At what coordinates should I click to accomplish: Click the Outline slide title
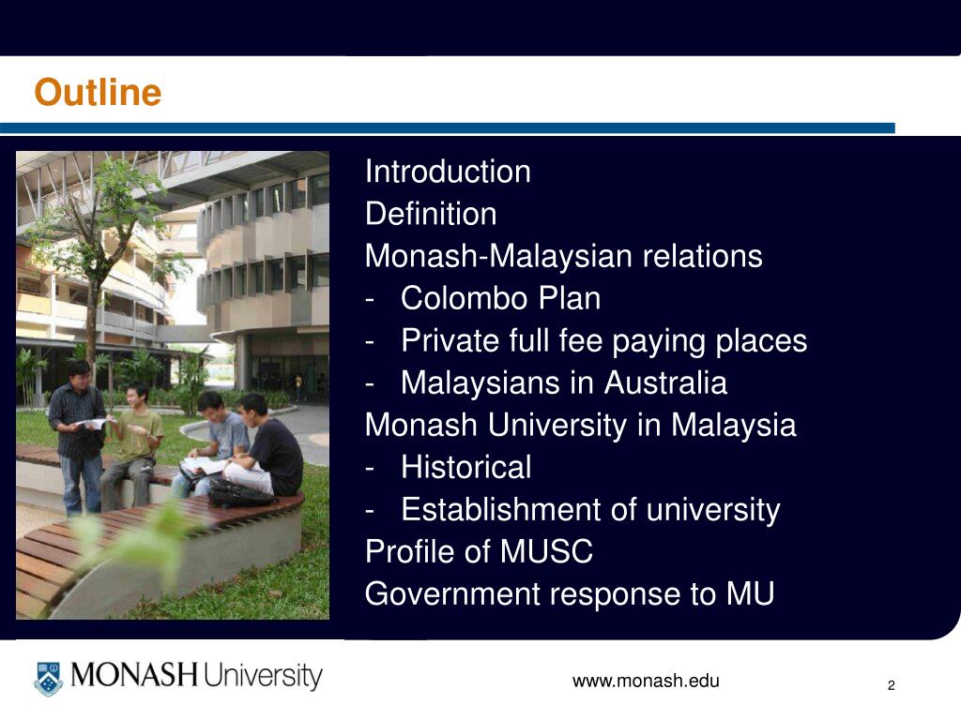pos(98,93)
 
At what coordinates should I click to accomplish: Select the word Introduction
pos(448,172)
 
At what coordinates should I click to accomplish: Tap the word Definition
pos(431,214)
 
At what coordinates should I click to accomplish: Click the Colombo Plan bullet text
pos(500,298)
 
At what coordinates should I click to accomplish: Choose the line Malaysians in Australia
pos(563,382)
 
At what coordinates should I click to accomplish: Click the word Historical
pos(465,467)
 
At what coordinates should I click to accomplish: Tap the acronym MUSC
pos(546,551)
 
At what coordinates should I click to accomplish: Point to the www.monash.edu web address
pos(646,682)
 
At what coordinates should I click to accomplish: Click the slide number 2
pos(892,686)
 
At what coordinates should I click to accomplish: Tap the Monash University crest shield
pos(48,678)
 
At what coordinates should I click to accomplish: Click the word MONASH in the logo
pos(134,676)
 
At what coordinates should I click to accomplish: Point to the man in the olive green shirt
pos(132,441)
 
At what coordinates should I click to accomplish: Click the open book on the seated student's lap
pos(203,464)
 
